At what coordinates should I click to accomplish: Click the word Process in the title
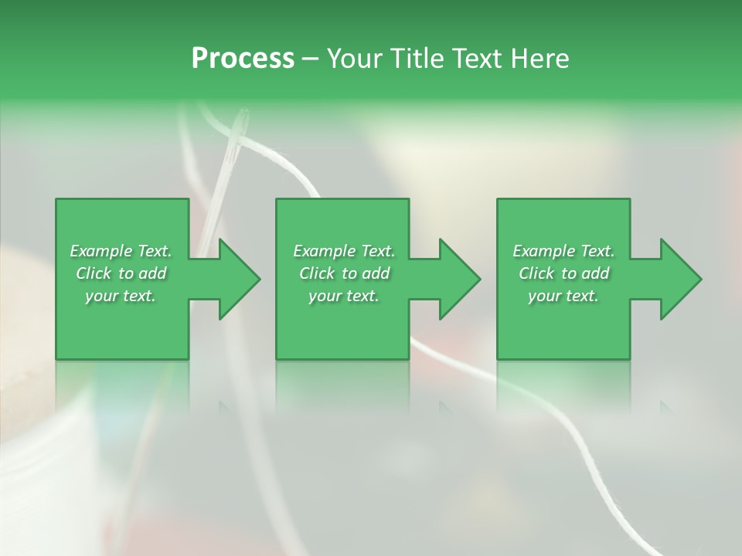click(243, 58)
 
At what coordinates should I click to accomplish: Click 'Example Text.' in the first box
click(121, 251)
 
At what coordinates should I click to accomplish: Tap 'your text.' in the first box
click(121, 296)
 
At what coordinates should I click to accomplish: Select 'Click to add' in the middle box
click(344, 273)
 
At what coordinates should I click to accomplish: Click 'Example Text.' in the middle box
click(344, 251)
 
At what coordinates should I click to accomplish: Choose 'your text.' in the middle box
click(344, 296)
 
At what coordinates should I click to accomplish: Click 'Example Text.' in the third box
click(563, 251)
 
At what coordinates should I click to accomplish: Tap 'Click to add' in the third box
click(563, 273)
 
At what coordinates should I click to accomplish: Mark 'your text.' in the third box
click(563, 296)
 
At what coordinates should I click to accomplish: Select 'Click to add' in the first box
click(121, 273)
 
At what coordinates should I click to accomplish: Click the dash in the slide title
click(310, 59)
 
